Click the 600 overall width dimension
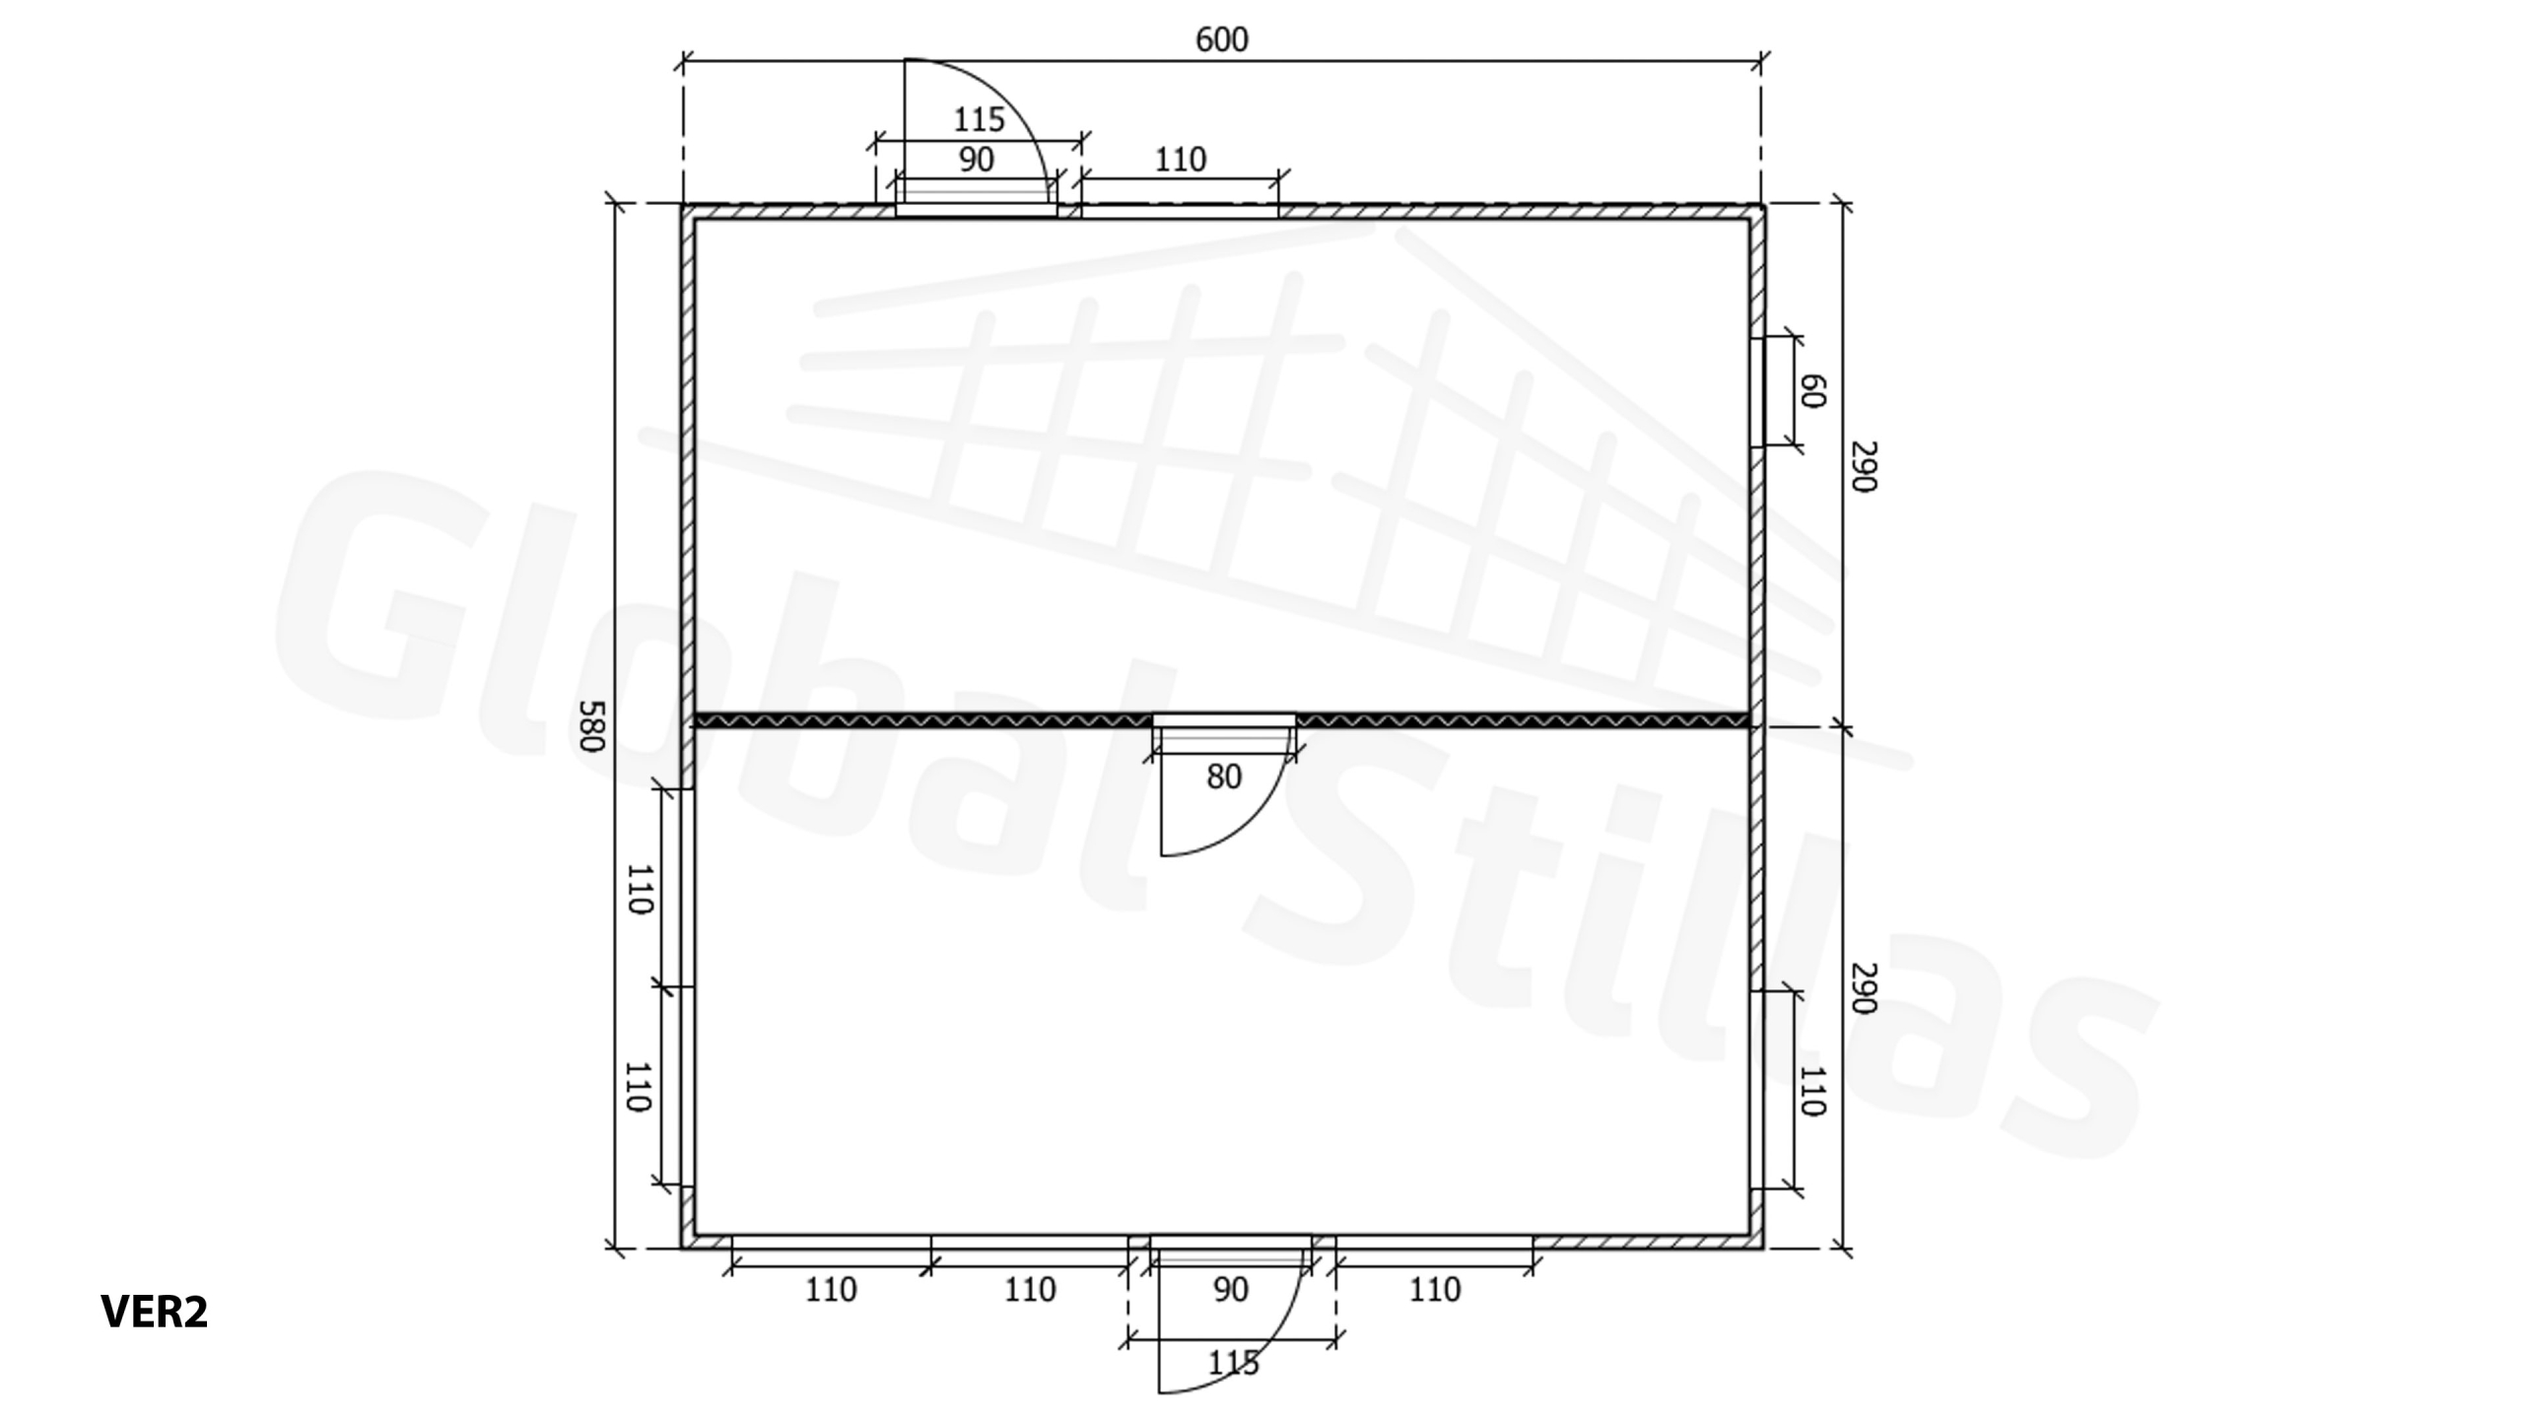(1221, 40)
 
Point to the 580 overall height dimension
(590, 726)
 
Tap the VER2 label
(155, 1312)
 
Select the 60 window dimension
(1812, 391)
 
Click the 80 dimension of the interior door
(1224, 777)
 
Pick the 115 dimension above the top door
(979, 120)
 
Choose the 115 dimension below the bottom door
(1233, 1364)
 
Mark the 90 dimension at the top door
(977, 160)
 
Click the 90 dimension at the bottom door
(1231, 1290)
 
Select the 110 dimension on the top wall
(1180, 160)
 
